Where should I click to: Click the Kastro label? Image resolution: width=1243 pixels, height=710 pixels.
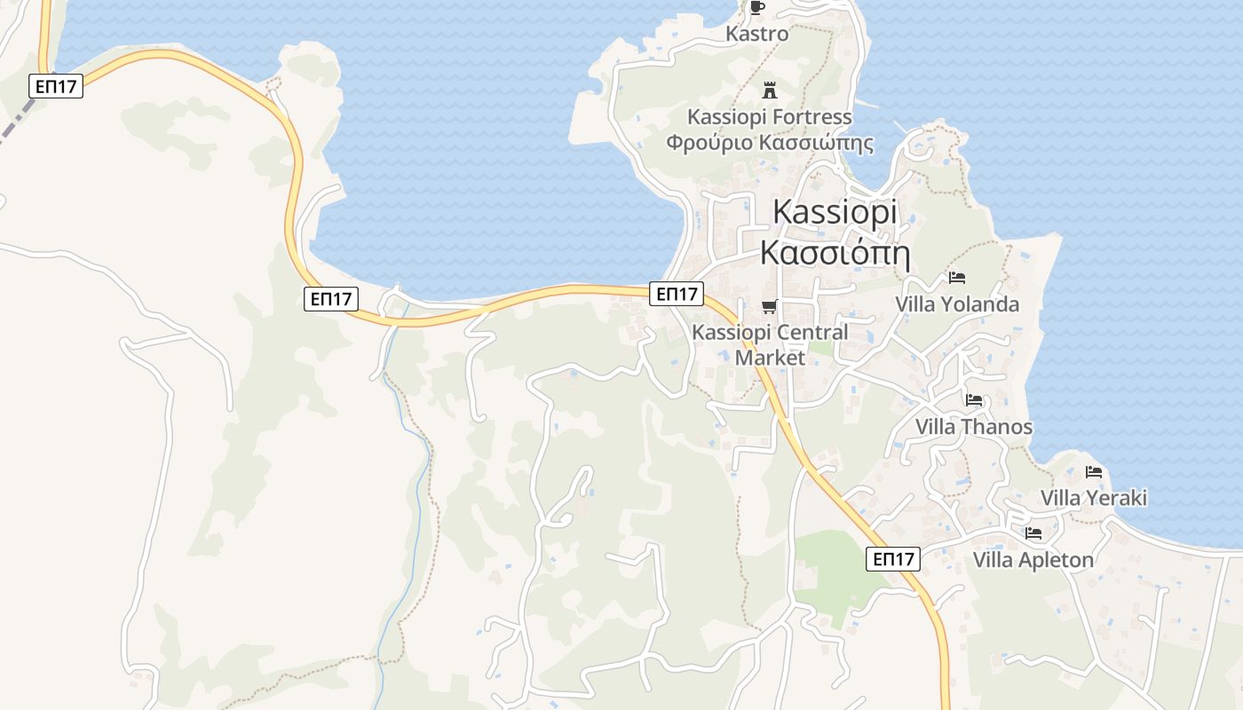coord(756,34)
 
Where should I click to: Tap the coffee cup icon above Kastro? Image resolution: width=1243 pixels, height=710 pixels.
coord(756,8)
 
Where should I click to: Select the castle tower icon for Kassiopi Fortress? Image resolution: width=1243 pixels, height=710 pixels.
coord(770,90)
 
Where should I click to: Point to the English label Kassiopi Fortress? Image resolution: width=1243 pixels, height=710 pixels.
coord(769,116)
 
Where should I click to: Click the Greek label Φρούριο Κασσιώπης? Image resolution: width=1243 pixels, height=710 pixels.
coord(769,142)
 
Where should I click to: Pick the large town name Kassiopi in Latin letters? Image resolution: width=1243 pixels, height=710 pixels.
coord(835,212)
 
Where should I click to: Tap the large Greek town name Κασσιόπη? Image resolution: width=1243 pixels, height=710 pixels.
coord(835,253)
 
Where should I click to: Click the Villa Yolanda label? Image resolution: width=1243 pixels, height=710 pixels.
coord(956,304)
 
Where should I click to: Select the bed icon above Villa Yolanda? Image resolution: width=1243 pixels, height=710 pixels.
coord(956,278)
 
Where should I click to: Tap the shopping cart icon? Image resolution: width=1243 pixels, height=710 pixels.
coord(769,307)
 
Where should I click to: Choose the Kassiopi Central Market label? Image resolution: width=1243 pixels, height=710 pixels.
coord(770,344)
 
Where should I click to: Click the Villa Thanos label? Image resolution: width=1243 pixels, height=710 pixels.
coord(974,427)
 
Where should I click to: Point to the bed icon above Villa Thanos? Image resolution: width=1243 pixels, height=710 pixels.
coord(974,400)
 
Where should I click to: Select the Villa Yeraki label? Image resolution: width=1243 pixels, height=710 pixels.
coord(1094,498)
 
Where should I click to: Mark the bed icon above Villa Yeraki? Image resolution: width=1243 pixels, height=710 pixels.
coord(1094,472)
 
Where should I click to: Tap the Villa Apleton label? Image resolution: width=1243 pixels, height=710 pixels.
coord(1033,560)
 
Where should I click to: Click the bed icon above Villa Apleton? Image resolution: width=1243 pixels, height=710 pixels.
coord(1033,533)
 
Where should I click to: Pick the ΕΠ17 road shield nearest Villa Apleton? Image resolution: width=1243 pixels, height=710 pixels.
coord(893,559)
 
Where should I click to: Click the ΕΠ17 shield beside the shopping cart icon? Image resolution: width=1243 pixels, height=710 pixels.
coord(677,293)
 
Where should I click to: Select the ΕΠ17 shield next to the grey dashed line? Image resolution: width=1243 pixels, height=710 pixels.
coord(56,86)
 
